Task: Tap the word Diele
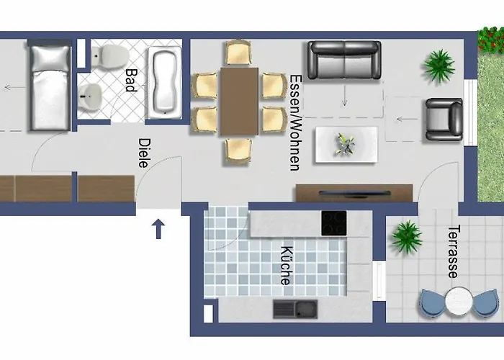click(144, 153)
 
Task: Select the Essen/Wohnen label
click(294, 122)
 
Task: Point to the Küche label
click(286, 266)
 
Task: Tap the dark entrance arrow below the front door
click(158, 230)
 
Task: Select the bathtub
click(166, 81)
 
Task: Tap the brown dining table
click(239, 101)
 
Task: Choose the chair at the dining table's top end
click(238, 52)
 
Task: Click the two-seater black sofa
click(343, 60)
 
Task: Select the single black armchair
click(444, 119)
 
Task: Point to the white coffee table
click(345, 145)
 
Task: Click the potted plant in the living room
click(438, 66)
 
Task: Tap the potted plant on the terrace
click(408, 235)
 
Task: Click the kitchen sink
click(294, 310)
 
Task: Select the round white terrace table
click(458, 299)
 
